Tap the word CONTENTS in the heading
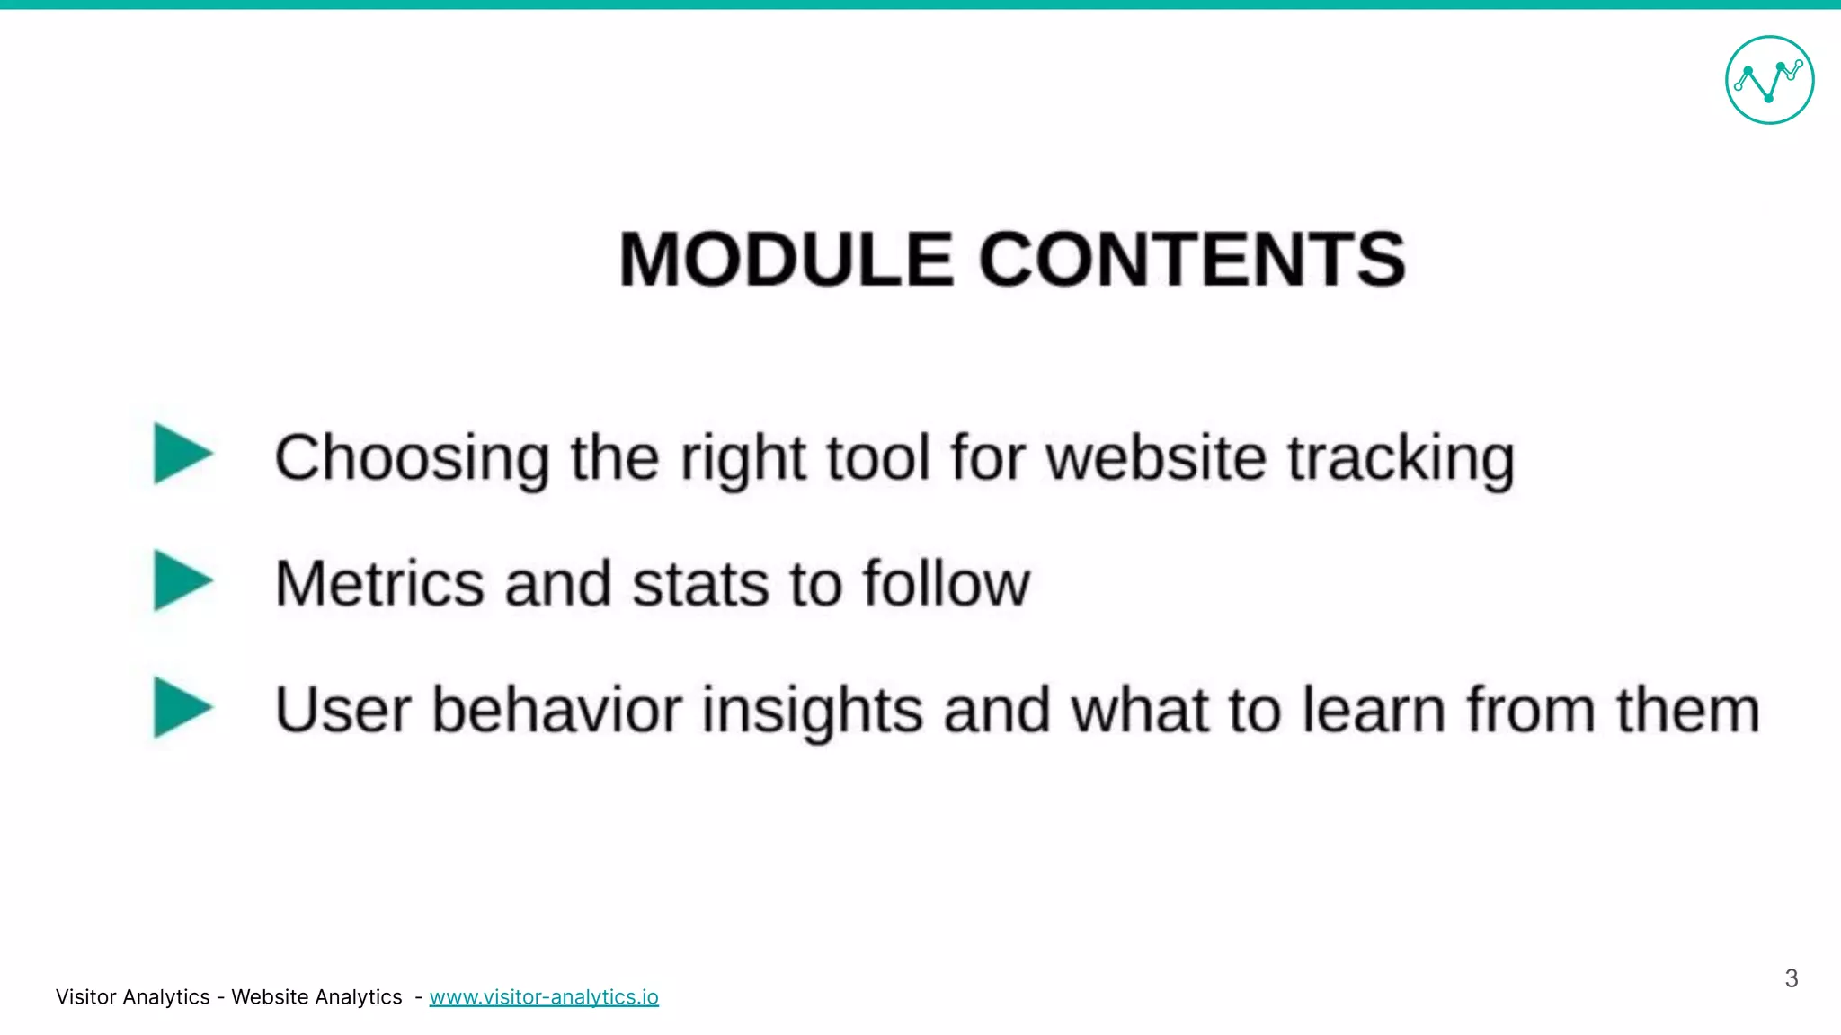coord(1192,260)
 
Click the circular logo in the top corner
coord(1769,80)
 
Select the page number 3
coord(1791,978)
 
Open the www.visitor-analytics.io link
coord(544,997)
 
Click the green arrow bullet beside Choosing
coord(182,454)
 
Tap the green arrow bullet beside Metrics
coord(182,580)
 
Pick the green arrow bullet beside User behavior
coord(182,707)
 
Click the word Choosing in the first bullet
coord(412,458)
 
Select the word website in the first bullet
coord(1157,458)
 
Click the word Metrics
coord(378,584)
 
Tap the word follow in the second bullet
coord(946,584)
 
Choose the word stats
coord(700,584)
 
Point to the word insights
coord(812,710)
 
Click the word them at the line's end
coord(1687,710)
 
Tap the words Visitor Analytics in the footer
coord(132,997)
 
